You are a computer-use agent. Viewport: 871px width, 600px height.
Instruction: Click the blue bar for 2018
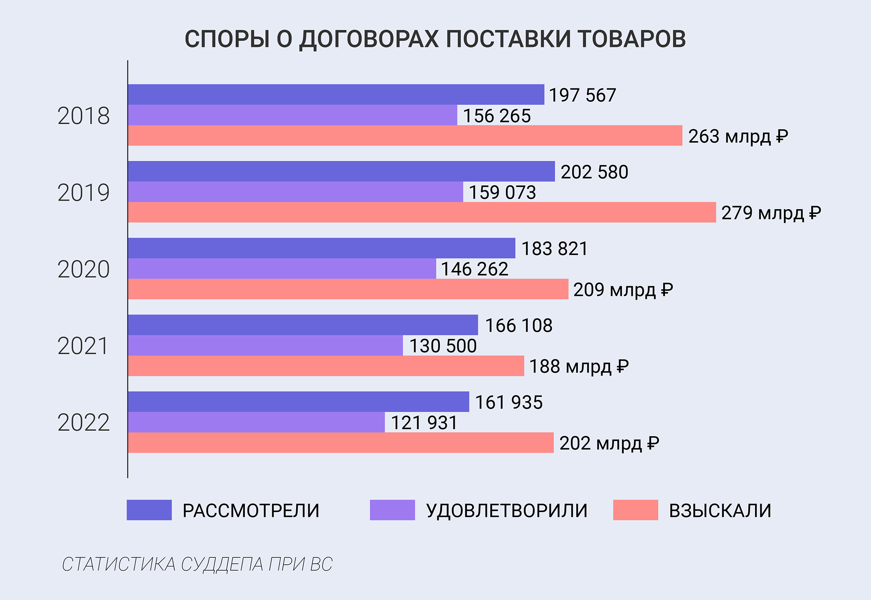pyautogui.click(x=336, y=95)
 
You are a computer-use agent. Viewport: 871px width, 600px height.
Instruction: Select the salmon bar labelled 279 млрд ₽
pyautogui.click(x=422, y=212)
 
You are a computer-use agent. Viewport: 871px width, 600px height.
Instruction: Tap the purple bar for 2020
pyautogui.click(x=282, y=268)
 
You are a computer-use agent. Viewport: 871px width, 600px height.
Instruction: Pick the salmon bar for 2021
pyautogui.click(x=326, y=366)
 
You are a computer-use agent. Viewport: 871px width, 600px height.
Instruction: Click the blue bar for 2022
pyautogui.click(x=298, y=402)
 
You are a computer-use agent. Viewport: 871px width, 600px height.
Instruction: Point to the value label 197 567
pyautogui.click(x=582, y=95)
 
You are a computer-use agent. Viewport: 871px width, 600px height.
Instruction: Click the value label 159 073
pyautogui.click(x=502, y=193)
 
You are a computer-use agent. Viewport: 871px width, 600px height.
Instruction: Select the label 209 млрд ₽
pyautogui.click(x=623, y=290)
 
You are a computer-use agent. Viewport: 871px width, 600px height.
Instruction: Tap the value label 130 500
pyautogui.click(x=443, y=346)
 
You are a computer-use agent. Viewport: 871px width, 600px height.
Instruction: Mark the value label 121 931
pyautogui.click(x=424, y=423)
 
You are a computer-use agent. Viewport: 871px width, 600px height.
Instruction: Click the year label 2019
pyautogui.click(x=84, y=193)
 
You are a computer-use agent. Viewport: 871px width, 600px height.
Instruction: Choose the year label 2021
pyautogui.click(x=83, y=346)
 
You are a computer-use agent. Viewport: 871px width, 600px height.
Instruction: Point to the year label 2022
pyautogui.click(x=84, y=423)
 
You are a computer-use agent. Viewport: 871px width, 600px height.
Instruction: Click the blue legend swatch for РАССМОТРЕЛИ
pyautogui.click(x=149, y=510)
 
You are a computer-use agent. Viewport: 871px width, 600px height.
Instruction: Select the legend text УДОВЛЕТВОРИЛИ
pyautogui.click(x=507, y=511)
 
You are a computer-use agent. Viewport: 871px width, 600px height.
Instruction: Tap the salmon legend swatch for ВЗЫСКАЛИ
pyautogui.click(x=635, y=510)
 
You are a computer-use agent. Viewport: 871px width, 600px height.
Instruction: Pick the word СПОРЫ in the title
pyautogui.click(x=227, y=39)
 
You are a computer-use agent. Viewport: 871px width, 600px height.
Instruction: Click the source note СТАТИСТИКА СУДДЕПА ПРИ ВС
pyautogui.click(x=197, y=564)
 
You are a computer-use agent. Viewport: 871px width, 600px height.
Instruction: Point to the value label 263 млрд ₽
pyautogui.click(x=738, y=136)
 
